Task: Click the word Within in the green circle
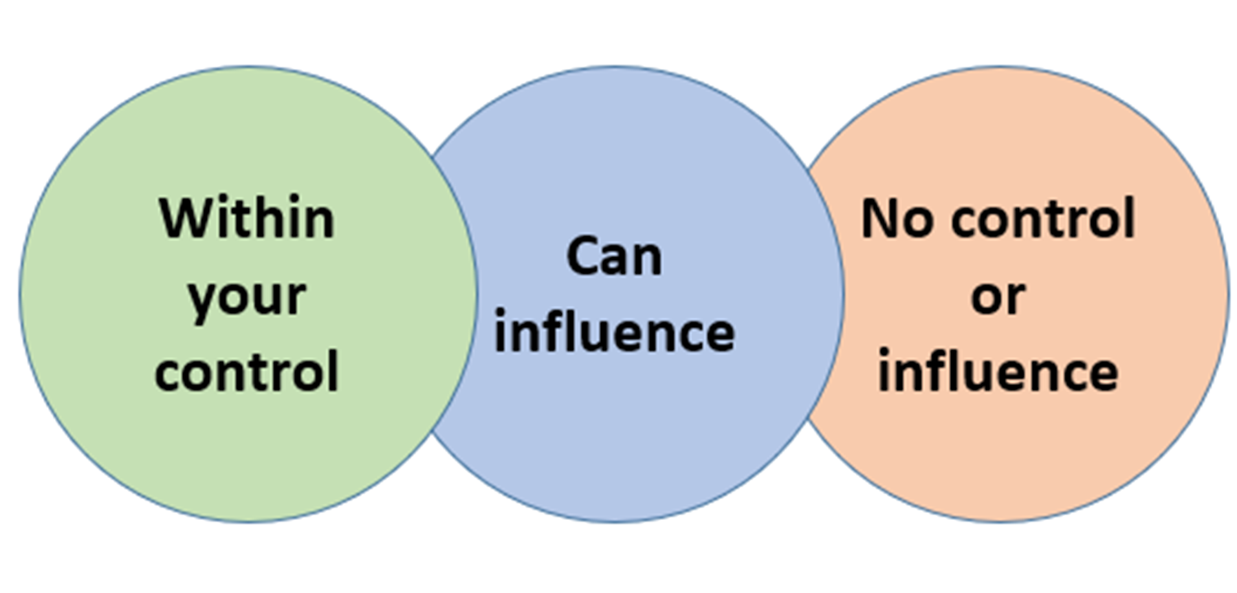[246, 219]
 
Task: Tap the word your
[246, 297]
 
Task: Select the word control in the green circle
[246, 372]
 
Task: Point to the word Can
[614, 257]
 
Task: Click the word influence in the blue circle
[614, 333]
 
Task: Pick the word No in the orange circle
[897, 219]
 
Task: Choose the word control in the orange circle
[1043, 219]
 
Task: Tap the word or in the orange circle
[998, 297]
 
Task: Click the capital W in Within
[184, 219]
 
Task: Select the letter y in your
[201, 301]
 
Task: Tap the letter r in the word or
[1016, 299]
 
